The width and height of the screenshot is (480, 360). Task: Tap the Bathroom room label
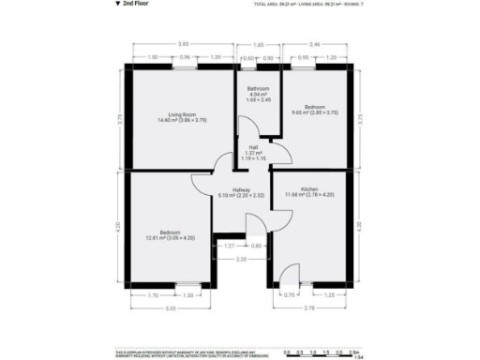pos(258,90)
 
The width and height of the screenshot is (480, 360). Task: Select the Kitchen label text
pos(309,188)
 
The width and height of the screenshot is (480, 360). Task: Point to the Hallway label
pos(229,189)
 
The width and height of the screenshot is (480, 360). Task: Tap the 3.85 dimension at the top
pos(184,44)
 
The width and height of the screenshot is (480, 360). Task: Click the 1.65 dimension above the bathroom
pos(258,44)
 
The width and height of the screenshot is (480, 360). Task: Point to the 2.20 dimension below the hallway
pos(241,259)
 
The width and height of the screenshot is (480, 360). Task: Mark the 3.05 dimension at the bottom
pos(171,307)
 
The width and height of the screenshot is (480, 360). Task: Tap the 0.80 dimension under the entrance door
pos(257,246)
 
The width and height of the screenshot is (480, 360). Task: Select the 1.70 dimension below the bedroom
pos(153,296)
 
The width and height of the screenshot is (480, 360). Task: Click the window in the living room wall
pos(184,67)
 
